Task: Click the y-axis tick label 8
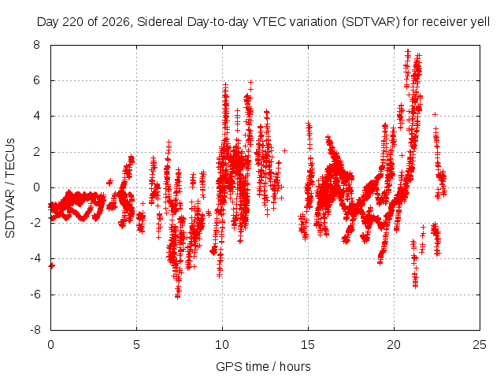(x=37, y=45)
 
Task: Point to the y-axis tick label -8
(x=35, y=330)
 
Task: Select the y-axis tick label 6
(x=37, y=80)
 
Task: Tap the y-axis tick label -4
(x=35, y=258)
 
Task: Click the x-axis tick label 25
(x=480, y=345)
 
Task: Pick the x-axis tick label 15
(x=308, y=345)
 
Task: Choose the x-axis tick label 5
(x=136, y=345)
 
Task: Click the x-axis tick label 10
(x=222, y=345)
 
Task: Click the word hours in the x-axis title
(x=295, y=366)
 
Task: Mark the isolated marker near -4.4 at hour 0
(x=51, y=265)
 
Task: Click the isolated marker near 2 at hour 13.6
(x=284, y=150)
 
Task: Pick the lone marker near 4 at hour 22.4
(x=435, y=114)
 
